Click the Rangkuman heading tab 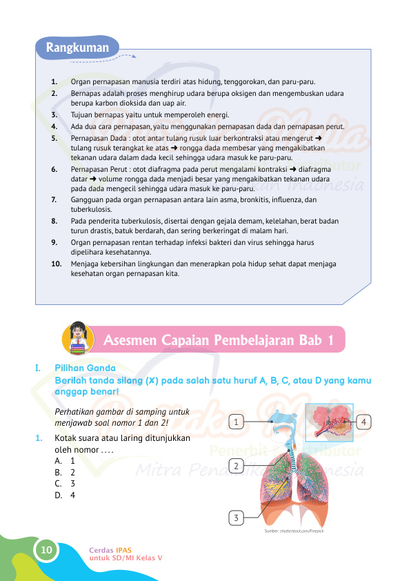tap(77, 48)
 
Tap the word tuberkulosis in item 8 tap(139, 221)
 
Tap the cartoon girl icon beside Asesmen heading tap(78, 338)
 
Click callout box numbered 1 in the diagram tap(237, 421)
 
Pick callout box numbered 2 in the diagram tap(237, 466)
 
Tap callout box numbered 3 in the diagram tap(237, 518)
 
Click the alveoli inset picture tap(328, 422)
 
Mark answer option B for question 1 tap(66, 473)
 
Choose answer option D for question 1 tap(66, 495)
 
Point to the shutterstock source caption tap(294, 531)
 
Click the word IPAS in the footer tap(124, 550)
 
